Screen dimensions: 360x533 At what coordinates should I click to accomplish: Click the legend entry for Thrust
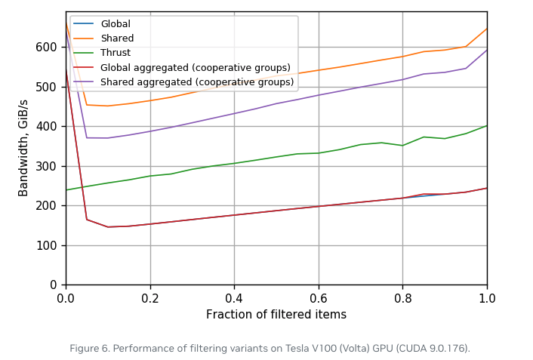(x=115, y=53)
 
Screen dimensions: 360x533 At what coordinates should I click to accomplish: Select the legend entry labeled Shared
(x=116, y=38)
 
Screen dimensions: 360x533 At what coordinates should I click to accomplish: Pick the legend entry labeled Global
(x=115, y=24)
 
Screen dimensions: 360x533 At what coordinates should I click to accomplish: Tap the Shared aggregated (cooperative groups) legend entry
(x=196, y=82)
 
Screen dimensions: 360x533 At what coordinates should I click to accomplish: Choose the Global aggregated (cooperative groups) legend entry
(x=195, y=67)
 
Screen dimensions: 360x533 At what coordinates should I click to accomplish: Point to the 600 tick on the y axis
(x=47, y=47)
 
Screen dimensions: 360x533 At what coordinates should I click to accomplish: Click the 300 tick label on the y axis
(x=47, y=166)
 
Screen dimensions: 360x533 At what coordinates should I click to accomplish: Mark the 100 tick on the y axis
(x=47, y=245)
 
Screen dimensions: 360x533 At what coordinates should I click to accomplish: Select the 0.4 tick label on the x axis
(x=234, y=298)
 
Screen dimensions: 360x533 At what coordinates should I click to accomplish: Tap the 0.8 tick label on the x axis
(x=402, y=298)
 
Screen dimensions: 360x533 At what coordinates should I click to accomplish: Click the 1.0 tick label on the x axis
(x=487, y=298)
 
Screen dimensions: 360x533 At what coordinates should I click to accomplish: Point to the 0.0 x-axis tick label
(x=66, y=298)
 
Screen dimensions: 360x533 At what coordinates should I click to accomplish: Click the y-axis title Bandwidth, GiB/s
(x=23, y=148)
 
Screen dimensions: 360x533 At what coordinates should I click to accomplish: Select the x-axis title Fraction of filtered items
(x=276, y=315)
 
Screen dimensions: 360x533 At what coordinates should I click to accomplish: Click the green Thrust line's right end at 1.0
(x=487, y=125)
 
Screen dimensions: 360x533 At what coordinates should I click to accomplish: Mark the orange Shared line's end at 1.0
(x=487, y=29)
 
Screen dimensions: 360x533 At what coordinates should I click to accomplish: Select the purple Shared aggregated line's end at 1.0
(x=487, y=50)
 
